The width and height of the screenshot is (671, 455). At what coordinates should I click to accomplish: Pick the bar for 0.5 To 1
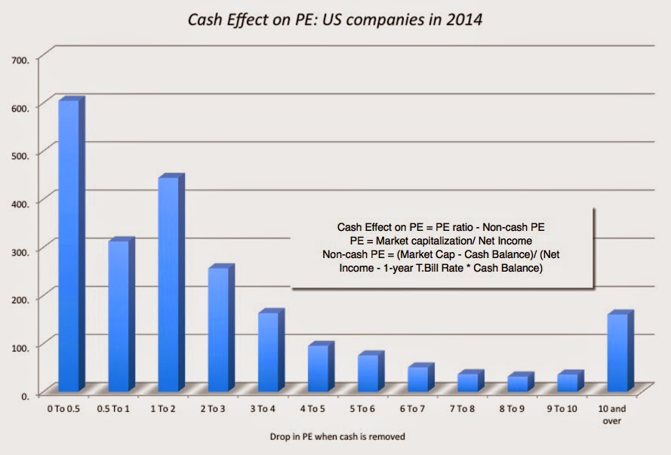(118, 316)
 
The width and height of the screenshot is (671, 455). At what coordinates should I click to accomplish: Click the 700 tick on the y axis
(18, 58)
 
